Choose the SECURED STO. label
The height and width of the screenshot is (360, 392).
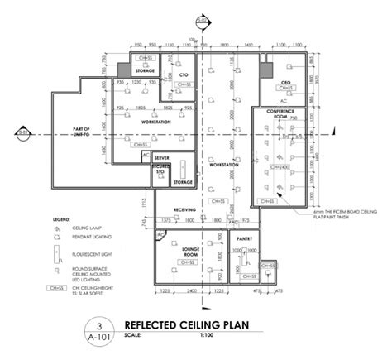[x=159, y=170]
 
